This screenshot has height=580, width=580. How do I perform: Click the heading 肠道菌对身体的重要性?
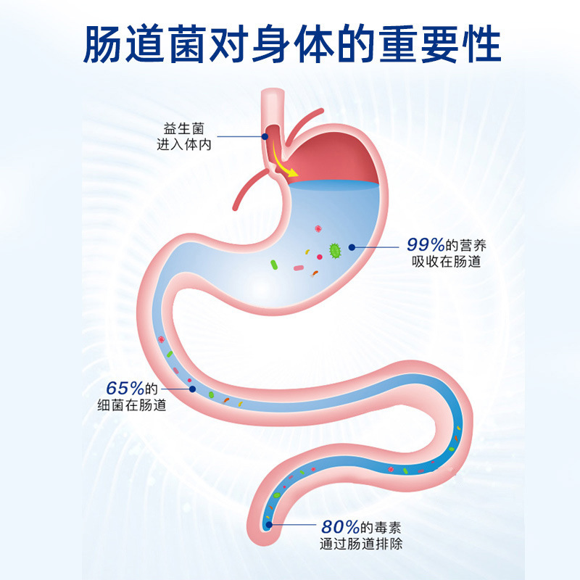[290, 45]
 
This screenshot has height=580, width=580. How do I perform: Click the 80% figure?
[338, 527]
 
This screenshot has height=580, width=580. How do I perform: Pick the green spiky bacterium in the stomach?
[336, 251]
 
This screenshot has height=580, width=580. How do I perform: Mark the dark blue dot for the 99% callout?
[352, 247]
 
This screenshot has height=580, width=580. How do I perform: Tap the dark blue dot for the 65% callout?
[192, 389]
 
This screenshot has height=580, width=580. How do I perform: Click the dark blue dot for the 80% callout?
[270, 524]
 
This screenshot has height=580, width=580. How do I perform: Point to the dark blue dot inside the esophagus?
[265, 135]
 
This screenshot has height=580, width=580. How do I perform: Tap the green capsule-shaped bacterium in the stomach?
[275, 265]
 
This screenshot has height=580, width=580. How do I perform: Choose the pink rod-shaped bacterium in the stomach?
[299, 269]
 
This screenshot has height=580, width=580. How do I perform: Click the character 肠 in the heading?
[104, 45]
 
